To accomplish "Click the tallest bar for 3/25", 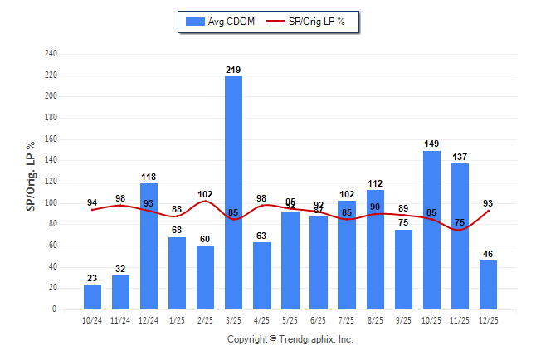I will pos(234,192).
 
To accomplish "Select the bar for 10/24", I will pos(92,297).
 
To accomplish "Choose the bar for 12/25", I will pos(489,285).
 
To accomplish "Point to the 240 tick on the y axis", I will pos(51,54).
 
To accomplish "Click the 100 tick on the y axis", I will pos(51,203).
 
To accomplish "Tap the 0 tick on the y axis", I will pos(55,309).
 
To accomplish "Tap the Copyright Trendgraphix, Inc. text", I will pos(290,339).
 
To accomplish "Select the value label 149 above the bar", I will pos(431,144).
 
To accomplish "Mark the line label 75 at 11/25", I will pos(460,221).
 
